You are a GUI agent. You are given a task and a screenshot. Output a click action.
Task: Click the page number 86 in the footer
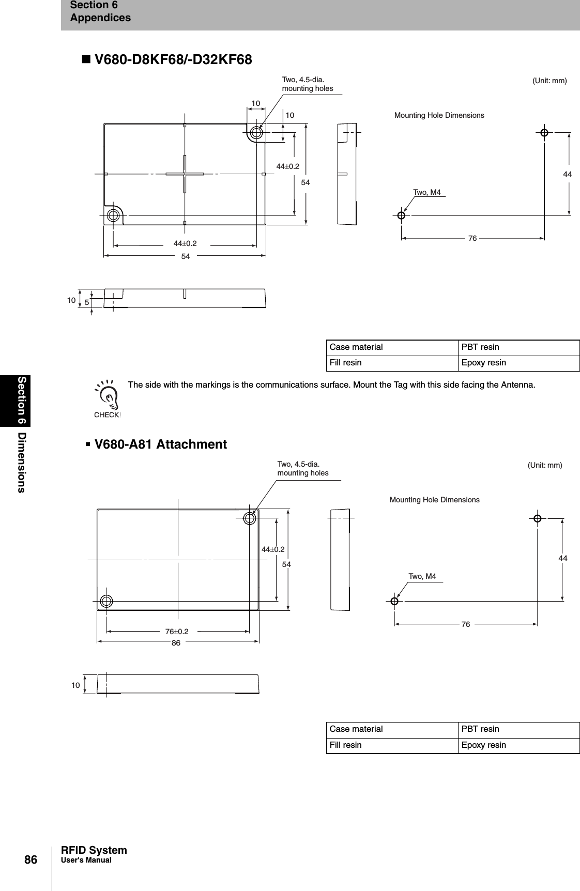[31, 860]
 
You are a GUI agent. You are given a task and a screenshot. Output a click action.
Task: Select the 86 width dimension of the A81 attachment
[176, 643]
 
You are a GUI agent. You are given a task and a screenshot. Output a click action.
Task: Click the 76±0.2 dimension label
[177, 632]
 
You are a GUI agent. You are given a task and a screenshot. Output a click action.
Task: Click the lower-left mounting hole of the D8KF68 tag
[113, 215]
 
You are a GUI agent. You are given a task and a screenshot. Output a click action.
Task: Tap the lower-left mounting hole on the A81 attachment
[106, 601]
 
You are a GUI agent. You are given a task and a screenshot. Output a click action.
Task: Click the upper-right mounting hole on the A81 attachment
[250, 518]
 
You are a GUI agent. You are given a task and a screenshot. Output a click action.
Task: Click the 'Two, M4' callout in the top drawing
[427, 193]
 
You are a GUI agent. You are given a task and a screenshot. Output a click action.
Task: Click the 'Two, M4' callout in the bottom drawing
[422, 576]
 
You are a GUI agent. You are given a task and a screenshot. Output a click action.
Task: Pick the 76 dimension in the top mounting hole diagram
[472, 238]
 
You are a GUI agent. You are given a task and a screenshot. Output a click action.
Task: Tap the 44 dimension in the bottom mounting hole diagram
[563, 558]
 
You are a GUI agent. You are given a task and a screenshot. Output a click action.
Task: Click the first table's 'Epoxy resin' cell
[484, 363]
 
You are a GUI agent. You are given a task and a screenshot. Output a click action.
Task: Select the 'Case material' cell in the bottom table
[356, 729]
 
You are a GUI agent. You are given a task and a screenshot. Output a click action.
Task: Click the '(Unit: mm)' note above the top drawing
[550, 81]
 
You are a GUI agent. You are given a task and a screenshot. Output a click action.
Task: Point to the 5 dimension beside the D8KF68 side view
[87, 302]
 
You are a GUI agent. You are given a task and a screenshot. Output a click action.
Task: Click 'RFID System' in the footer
[94, 850]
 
